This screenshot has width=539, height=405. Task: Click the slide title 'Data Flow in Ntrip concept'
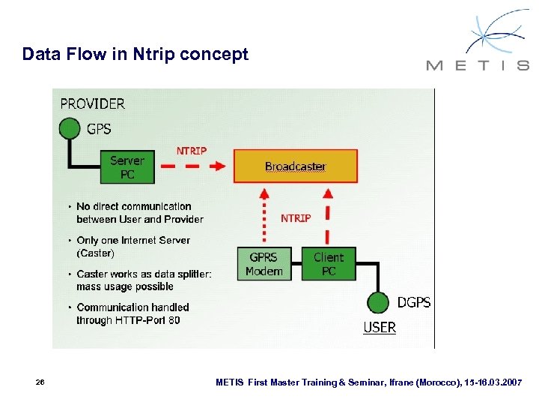click(x=135, y=54)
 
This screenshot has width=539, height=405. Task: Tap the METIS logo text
click(x=477, y=65)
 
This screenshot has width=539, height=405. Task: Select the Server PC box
click(x=127, y=166)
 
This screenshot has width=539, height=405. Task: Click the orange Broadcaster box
click(x=296, y=166)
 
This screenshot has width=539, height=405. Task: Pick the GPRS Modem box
click(x=264, y=264)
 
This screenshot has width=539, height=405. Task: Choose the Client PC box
click(x=329, y=264)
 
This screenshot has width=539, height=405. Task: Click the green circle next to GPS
click(x=70, y=129)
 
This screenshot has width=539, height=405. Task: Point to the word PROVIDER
click(x=93, y=103)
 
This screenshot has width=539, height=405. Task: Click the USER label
click(x=380, y=328)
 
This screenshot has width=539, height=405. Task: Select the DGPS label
click(x=414, y=302)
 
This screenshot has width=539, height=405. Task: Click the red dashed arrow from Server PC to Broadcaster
click(x=194, y=166)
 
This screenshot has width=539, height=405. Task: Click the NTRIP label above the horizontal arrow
click(x=192, y=151)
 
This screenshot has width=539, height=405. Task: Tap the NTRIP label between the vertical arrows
click(x=296, y=218)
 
